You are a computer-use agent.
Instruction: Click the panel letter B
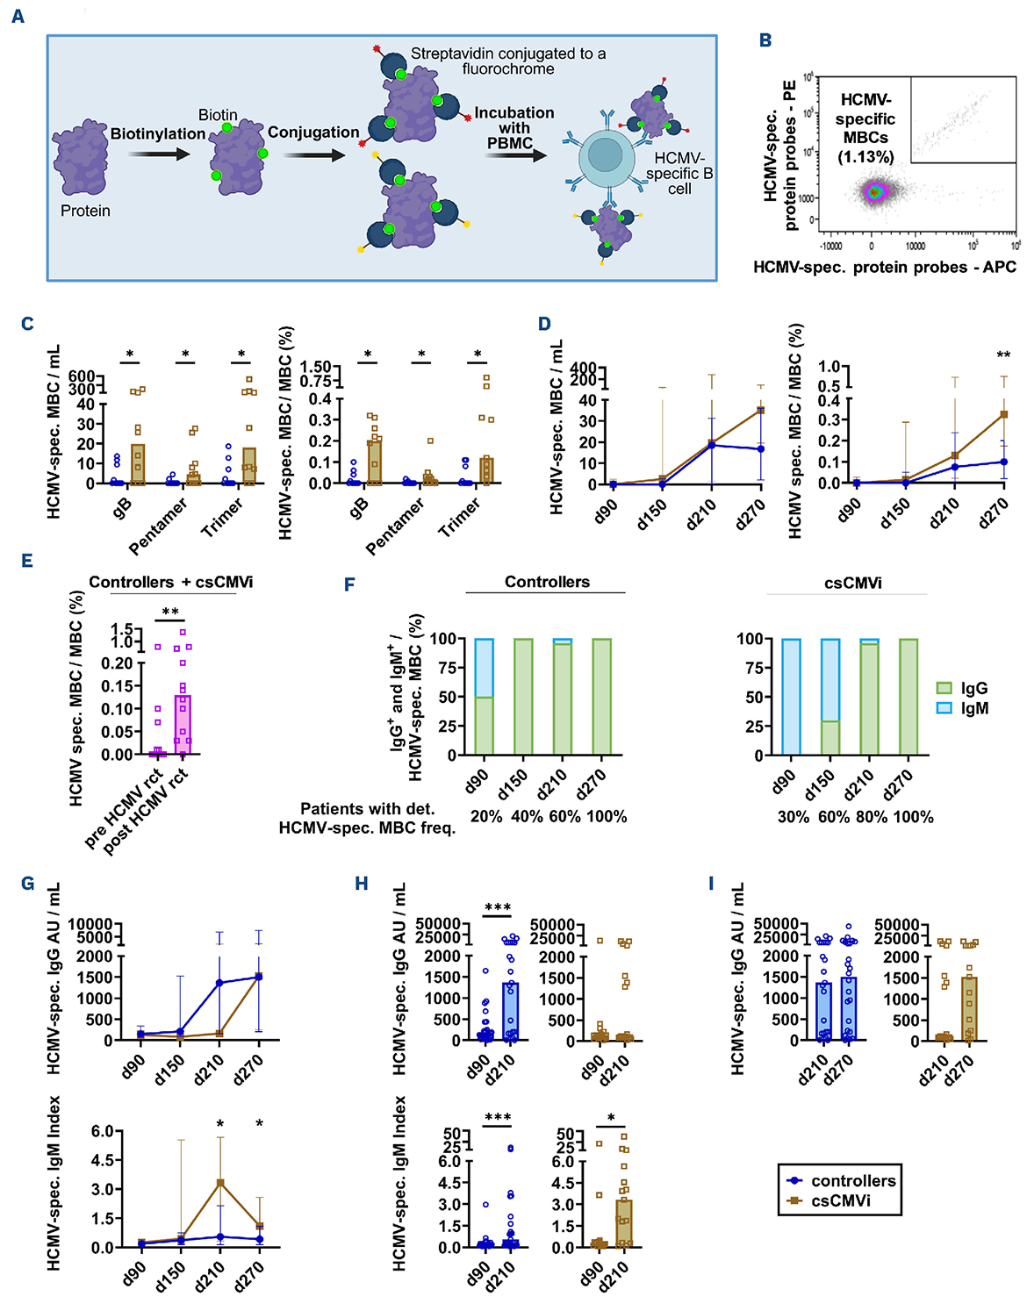coord(765,40)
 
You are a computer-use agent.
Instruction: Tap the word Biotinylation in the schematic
coord(158,133)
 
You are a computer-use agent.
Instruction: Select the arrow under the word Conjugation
coord(313,155)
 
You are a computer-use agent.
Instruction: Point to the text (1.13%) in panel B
coord(865,157)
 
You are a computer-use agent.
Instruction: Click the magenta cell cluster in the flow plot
coord(874,192)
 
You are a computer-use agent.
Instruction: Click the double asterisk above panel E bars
coord(170,613)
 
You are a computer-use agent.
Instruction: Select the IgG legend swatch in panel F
coord(944,689)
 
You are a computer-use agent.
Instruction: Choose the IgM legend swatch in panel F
coord(944,708)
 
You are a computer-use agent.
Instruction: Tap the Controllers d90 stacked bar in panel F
coord(484,697)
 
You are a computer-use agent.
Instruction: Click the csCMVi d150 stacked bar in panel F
coord(830,697)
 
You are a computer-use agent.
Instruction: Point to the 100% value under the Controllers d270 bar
coord(607,817)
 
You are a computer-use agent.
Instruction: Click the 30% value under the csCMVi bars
coord(793,817)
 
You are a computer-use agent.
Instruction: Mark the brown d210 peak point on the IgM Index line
coord(220,1183)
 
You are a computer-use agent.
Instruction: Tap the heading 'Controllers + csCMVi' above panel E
coord(171,583)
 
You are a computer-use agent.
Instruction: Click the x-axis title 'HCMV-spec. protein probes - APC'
coord(884,267)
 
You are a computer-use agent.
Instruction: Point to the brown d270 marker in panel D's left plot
coord(761,410)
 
